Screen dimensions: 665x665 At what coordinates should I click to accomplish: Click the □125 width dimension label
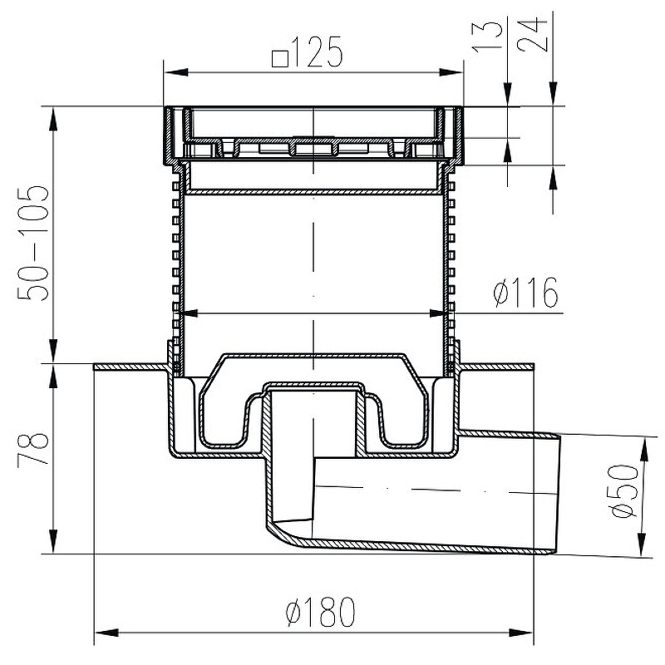pyautogui.click(x=307, y=52)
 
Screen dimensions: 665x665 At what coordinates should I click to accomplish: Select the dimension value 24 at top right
pyautogui.click(x=532, y=35)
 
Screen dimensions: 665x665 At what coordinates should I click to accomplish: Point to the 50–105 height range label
pyautogui.click(x=32, y=243)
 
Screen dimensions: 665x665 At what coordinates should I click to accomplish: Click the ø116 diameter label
pyautogui.click(x=526, y=293)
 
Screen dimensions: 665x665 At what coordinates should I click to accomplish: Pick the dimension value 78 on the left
pyautogui.click(x=32, y=448)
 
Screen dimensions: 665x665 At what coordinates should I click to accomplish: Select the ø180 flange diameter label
pyautogui.click(x=320, y=612)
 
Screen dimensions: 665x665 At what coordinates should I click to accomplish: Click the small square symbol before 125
pyautogui.click(x=280, y=59)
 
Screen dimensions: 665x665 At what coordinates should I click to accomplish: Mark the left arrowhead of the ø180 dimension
pyautogui.click(x=106, y=633)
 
